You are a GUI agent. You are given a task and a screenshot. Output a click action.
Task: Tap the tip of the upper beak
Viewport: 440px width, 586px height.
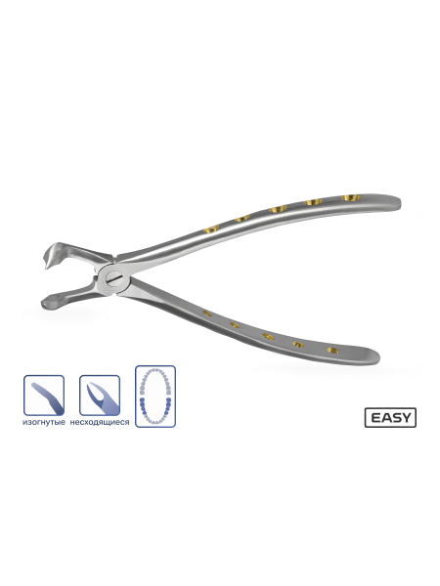47,268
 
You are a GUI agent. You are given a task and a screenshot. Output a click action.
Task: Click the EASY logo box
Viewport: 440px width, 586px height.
390,417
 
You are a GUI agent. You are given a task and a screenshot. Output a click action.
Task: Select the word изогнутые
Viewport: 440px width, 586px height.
44,422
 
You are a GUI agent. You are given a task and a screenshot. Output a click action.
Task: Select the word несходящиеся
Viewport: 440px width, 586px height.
100,422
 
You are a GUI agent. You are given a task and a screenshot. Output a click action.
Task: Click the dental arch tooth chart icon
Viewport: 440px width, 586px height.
155,397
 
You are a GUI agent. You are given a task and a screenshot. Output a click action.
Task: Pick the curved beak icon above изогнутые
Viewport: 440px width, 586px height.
44,396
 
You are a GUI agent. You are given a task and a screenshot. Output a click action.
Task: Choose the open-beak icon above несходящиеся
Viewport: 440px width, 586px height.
100,396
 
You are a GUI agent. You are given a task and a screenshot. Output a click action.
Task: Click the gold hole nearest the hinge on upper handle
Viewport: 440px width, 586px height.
211,229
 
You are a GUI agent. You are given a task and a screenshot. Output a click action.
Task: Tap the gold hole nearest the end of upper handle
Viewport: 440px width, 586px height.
351,197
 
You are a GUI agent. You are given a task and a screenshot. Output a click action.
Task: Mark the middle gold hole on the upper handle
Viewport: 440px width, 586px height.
278,209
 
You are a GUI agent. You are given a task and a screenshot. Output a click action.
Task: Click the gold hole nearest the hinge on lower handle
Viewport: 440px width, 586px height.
207,314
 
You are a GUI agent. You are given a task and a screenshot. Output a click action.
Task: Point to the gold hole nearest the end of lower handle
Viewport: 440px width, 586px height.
332,351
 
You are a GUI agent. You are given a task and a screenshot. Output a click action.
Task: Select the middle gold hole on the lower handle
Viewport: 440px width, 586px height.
268,336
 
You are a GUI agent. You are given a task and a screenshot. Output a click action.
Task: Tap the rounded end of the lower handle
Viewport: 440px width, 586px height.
374,356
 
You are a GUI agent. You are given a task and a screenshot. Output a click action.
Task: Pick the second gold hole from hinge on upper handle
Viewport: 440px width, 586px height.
242,218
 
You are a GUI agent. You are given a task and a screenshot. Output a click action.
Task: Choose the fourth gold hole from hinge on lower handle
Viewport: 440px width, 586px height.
298,344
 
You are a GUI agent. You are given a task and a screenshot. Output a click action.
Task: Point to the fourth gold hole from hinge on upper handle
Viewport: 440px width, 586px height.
313,202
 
